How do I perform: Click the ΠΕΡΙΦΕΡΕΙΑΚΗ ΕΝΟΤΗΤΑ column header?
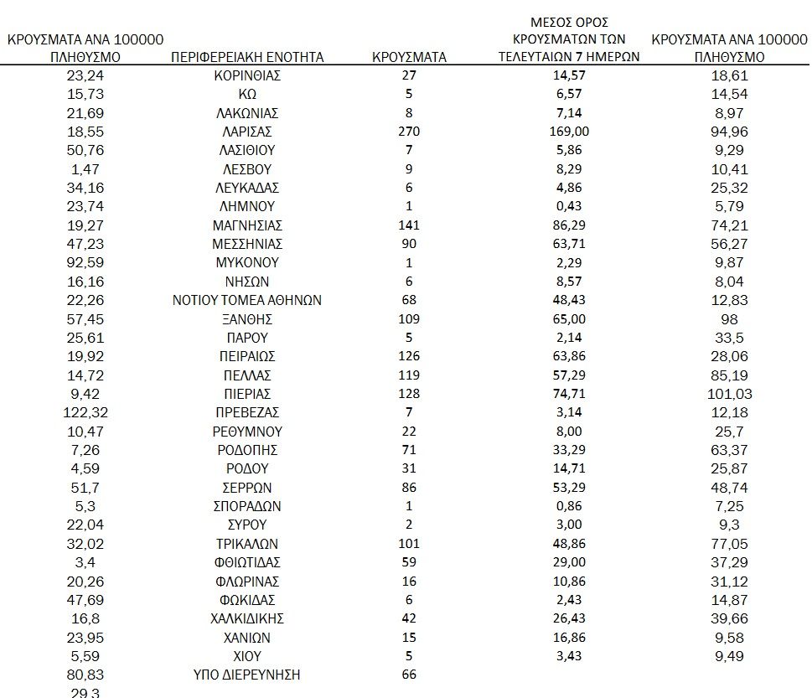pos(246,57)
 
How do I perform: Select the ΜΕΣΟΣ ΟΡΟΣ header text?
pos(569,21)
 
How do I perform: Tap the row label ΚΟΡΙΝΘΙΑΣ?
pos(246,75)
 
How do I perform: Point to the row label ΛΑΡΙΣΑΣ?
pos(246,132)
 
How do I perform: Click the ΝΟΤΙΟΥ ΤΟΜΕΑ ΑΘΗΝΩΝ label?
pos(246,300)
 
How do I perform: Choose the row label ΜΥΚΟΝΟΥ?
pos(246,262)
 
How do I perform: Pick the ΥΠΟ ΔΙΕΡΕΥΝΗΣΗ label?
pos(246,675)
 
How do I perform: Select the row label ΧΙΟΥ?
pos(246,656)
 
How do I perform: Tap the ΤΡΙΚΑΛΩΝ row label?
pos(246,544)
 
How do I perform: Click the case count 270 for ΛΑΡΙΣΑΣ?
pos(409,132)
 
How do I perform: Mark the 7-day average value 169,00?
pos(569,132)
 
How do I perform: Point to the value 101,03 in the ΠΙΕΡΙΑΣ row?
pos(729,394)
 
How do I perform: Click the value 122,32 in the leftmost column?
pos(85,412)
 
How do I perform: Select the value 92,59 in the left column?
pos(85,262)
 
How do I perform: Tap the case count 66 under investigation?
pos(409,675)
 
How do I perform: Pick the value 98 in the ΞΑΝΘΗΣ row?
pos(729,319)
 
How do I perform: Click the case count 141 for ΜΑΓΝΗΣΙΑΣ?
pos(409,225)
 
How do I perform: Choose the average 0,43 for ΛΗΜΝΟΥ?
pos(569,206)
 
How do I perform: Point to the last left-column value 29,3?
pos(85,693)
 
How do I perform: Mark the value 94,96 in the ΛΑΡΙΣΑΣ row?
pos(729,132)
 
